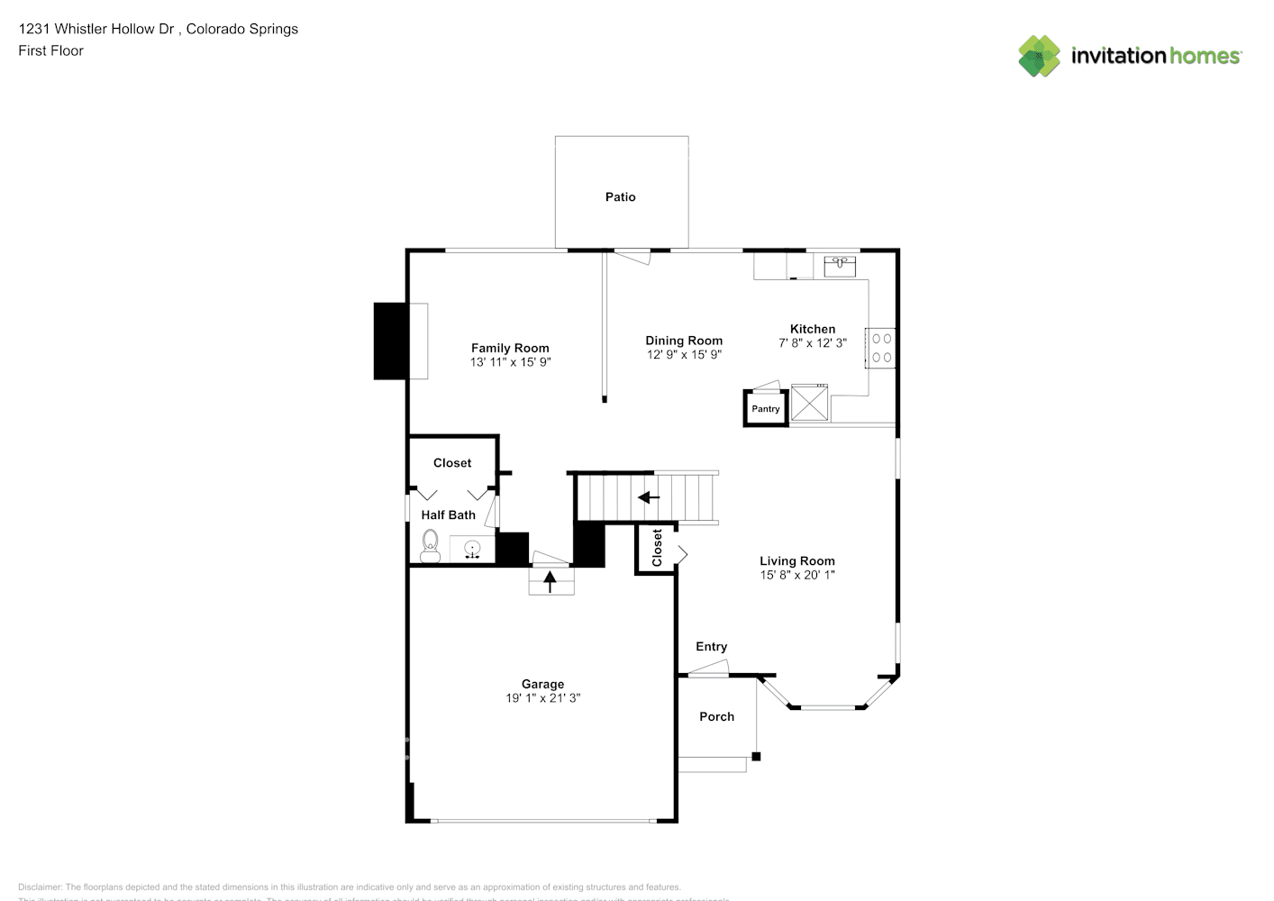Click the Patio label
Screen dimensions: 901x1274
click(620, 197)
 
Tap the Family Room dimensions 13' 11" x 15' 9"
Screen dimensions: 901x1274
click(510, 362)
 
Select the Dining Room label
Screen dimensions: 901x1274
click(684, 341)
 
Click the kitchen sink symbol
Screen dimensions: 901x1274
click(840, 265)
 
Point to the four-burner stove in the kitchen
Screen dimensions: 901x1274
click(881, 349)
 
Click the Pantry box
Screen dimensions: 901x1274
click(765, 408)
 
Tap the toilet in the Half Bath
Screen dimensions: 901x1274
click(430, 546)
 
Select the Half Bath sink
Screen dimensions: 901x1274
click(472, 549)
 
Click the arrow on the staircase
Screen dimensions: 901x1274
click(648, 497)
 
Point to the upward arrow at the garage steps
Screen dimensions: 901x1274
click(550, 582)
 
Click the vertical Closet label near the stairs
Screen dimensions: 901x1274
click(657, 548)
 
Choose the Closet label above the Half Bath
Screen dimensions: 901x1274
click(452, 463)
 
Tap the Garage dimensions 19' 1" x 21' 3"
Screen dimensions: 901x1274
click(542, 698)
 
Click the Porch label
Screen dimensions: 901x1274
click(716, 717)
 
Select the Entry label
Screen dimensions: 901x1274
click(711, 647)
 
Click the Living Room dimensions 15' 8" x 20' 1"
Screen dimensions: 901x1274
click(797, 575)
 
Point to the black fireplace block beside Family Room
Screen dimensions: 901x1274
click(390, 341)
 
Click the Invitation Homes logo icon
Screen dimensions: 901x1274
click(1039, 56)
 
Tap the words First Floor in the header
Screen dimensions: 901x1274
click(50, 51)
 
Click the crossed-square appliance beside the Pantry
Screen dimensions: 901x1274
click(809, 402)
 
